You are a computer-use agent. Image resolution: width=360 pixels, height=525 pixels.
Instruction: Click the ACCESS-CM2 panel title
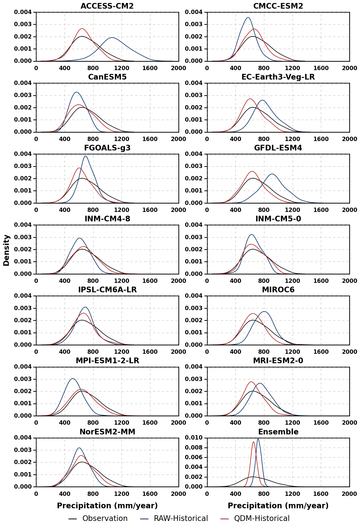tap(107, 6)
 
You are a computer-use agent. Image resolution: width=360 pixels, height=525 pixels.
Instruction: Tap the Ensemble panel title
tap(278, 432)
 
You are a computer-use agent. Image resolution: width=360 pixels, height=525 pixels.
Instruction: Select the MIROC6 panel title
tap(278, 290)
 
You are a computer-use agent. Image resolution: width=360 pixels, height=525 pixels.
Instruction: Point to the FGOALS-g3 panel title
tap(107, 148)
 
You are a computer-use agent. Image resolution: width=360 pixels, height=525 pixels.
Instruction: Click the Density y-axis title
tap(6, 250)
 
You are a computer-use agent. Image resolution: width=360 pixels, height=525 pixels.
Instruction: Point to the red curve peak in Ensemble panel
tap(253, 442)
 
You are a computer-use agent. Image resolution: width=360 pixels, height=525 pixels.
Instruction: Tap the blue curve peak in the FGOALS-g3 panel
tap(85, 156)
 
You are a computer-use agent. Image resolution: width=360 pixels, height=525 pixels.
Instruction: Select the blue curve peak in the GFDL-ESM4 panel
tap(272, 174)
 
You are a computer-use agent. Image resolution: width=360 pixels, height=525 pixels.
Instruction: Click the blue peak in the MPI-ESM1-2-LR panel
tap(72, 379)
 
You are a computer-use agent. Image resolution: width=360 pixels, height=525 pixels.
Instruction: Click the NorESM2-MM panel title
tap(107, 432)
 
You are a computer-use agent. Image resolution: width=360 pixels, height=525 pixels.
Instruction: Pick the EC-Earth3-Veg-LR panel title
tap(278, 77)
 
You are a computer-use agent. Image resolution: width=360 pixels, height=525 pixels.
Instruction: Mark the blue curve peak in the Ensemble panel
tap(258, 438)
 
